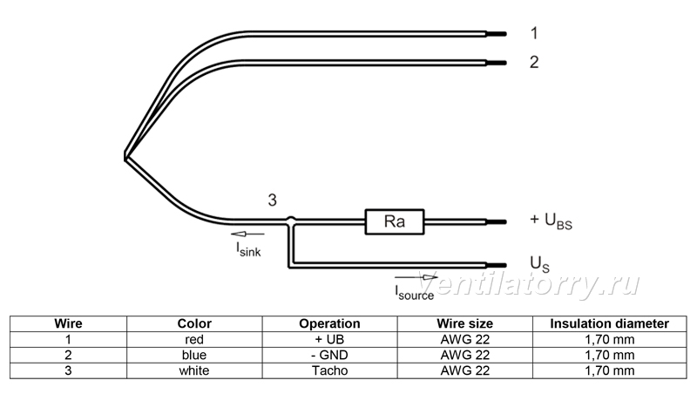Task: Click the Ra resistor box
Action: (x=395, y=221)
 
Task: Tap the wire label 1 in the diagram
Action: (x=534, y=33)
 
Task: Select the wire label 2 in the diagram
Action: (x=534, y=62)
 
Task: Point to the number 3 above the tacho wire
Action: (x=272, y=200)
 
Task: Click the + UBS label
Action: (x=551, y=221)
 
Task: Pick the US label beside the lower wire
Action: (x=539, y=264)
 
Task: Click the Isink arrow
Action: (x=247, y=234)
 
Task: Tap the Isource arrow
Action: (x=416, y=277)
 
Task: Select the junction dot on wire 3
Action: (x=290, y=221)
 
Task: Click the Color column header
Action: (x=194, y=323)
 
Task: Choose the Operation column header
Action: (x=329, y=323)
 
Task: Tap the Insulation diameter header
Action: (x=609, y=323)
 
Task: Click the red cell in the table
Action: (x=194, y=339)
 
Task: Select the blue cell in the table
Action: (x=194, y=355)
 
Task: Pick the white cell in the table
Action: (x=194, y=370)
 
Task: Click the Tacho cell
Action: (x=329, y=370)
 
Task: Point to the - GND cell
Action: (x=329, y=355)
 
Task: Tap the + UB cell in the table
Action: (x=329, y=339)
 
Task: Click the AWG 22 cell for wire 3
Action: (x=465, y=370)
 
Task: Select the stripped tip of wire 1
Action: (x=497, y=34)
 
